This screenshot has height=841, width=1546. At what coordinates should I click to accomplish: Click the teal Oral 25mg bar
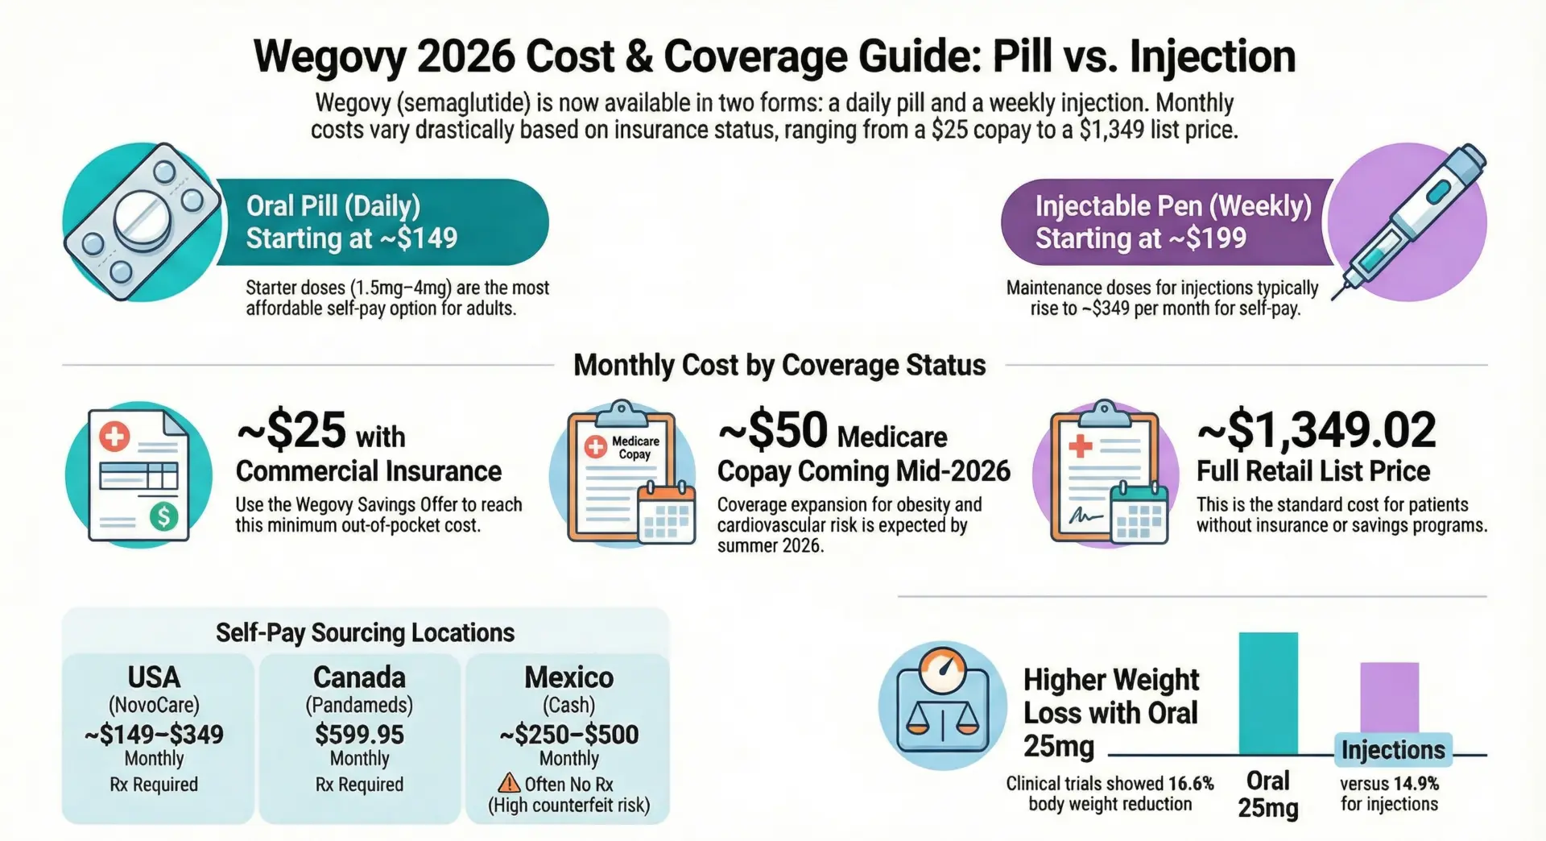pyautogui.click(x=1267, y=693)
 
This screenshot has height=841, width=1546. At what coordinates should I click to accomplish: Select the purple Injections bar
pyautogui.click(x=1389, y=697)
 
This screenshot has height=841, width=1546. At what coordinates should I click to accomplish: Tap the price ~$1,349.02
pyautogui.click(x=1316, y=430)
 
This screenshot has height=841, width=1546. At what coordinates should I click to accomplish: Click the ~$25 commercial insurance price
pyautogui.click(x=291, y=430)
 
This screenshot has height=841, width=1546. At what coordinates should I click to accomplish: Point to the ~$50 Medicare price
pyautogui.click(x=772, y=430)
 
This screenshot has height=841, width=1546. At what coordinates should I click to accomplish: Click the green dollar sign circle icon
pyautogui.click(x=164, y=516)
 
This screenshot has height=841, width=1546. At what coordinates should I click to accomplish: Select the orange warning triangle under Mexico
pyautogui.click(x=509, y=783)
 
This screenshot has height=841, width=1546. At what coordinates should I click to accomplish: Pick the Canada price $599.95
pyautogui.click(x=359, y=734)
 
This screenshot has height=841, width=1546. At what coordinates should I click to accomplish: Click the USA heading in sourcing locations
pyautogui.click(x=154, y=677)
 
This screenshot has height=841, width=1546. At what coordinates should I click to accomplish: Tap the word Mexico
pyautogui.click(x=568, y=677)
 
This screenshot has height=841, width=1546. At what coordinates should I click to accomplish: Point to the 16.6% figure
pyautogui.click(x=1191, y=783)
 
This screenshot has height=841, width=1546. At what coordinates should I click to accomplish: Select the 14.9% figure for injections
pyautogui.click(x=1416, y=783)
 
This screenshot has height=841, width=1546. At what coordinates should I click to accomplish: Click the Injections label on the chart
pyautogui.click(x=1393, y=750)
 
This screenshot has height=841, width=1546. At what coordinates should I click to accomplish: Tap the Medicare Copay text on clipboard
pyautogui.click(x=635, y=448)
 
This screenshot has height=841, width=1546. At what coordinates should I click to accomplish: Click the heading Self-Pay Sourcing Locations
pyautogui.click(x=365, y=632)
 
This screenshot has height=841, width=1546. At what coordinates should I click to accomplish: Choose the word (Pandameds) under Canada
pyautogui.click(x=359, y=705)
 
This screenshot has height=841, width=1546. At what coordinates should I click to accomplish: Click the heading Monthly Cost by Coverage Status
pyautogui.click(x=779, y=366)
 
